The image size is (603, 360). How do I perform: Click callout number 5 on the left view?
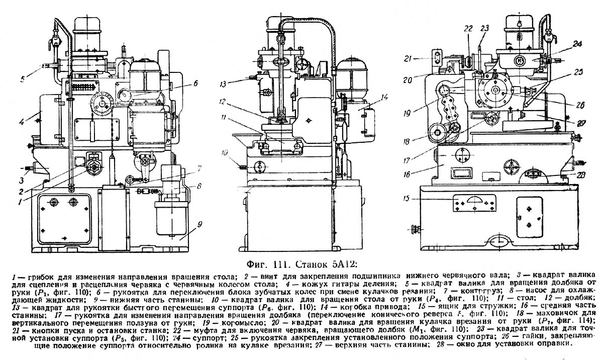tap(22, 78)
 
